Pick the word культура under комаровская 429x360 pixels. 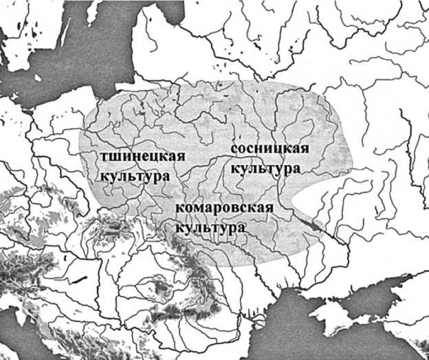click(210, 227)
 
